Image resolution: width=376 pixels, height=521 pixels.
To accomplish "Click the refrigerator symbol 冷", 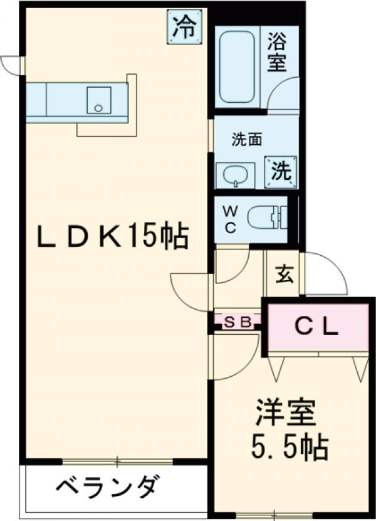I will tap(184, 26).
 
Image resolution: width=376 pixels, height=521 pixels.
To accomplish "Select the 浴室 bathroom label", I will tap(277, 53).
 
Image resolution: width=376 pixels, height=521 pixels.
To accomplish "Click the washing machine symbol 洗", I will tap(280, 171).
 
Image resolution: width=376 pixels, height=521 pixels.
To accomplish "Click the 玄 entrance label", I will tap(283, 273).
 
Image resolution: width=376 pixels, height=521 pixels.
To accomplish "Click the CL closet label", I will tap(316, 327).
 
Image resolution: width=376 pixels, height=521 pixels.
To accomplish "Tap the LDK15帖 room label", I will tap(112, 237).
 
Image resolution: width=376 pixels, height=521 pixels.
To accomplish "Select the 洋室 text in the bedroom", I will tap(285, 413).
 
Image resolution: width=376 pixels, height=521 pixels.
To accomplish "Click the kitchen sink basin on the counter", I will tap(98, 100).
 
